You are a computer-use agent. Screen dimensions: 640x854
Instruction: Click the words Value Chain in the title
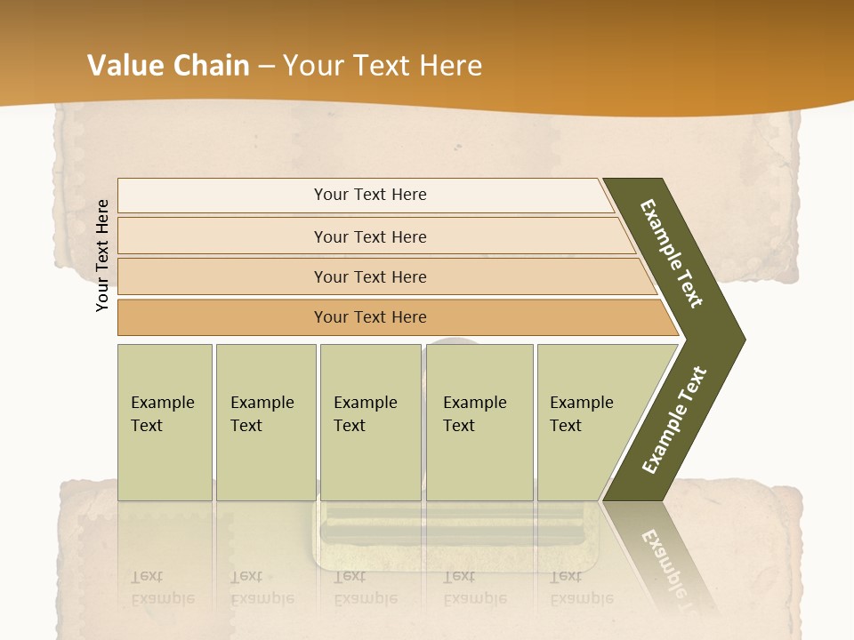point(168,66)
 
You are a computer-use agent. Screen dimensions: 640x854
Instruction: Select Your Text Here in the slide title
point(383,66)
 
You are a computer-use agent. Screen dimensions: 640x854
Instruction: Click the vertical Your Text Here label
point(102,255)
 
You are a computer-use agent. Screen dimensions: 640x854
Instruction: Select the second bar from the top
point(369,236)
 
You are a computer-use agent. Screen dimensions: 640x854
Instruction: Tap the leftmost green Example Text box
point(165,422)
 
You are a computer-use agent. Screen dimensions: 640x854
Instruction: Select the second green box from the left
point(266,422)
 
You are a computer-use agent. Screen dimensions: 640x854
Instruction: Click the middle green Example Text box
point(370,422)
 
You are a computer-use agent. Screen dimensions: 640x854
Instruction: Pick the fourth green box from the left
point(479,422)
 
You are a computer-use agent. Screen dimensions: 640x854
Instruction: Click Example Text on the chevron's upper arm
point(672,253)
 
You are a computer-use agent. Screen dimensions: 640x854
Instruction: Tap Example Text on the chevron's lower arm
point(674,420)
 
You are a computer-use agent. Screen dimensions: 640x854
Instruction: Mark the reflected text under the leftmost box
point(162,588)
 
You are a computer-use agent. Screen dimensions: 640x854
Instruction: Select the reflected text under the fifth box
point(581,588)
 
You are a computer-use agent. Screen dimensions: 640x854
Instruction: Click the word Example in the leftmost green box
point(162,403)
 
